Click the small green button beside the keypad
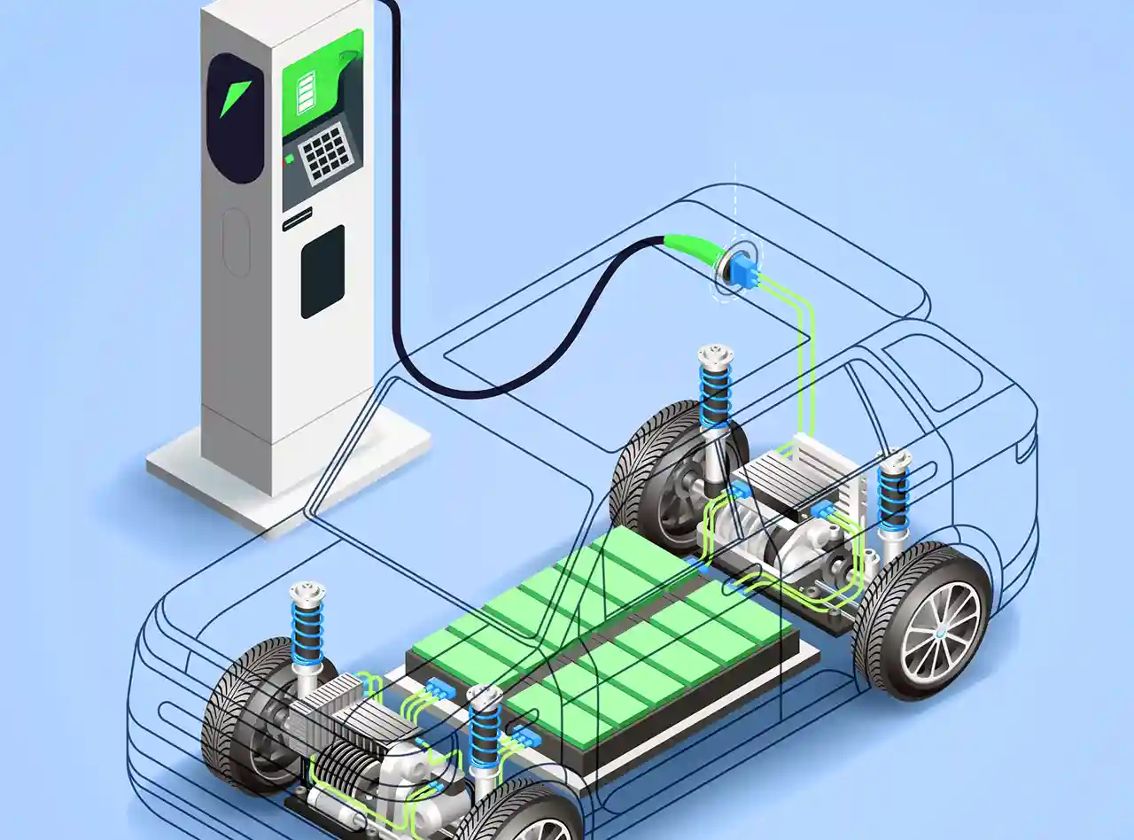pyautogui.click(x=289, y=159)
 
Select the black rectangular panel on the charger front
pyautogui.click(x=322, y=271)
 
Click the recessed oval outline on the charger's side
pyautogui.click(x=235, y=243)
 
